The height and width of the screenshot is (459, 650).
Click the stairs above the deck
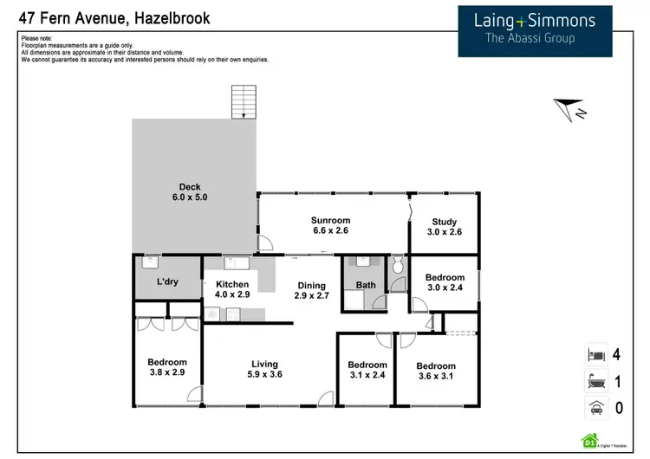click(244, 102)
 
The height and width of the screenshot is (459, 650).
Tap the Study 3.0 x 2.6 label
click(444, 228)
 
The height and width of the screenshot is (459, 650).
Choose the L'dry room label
click(167, 282)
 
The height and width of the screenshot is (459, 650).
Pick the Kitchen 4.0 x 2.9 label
click(232, 289)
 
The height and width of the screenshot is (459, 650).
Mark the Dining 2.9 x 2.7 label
click(312, 291)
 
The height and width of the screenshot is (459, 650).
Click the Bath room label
click(365, 284)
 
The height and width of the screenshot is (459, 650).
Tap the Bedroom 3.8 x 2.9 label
click(167, 367)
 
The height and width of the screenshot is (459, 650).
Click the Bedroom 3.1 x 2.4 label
click(366, 370)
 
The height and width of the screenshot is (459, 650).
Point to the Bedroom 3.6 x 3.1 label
click(435, 371)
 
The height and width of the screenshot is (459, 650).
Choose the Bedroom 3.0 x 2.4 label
click(445, 283)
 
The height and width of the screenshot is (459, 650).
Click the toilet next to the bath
click(397, 268)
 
